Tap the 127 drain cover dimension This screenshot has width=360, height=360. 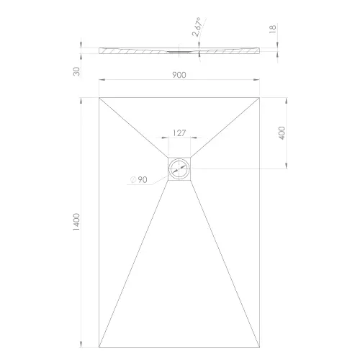[180, 132]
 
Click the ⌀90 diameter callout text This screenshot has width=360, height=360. [140, 180]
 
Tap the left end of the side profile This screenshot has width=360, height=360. [99, 50]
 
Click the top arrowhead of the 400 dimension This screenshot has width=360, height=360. [287, 99]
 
